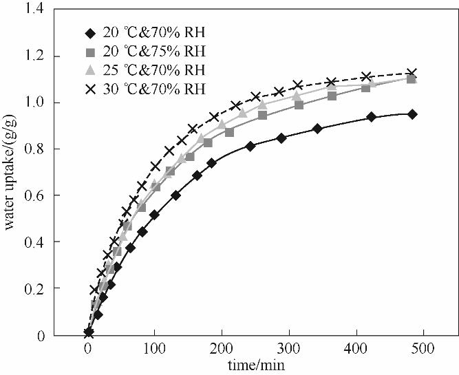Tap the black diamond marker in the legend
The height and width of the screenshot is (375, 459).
coord(87,32)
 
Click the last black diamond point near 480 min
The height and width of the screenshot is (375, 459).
coord(412,114)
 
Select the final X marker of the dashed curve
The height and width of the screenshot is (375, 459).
coord(412,73)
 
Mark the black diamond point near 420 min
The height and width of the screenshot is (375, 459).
coord(372,117)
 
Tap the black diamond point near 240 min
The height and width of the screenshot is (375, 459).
coord(250,146)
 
